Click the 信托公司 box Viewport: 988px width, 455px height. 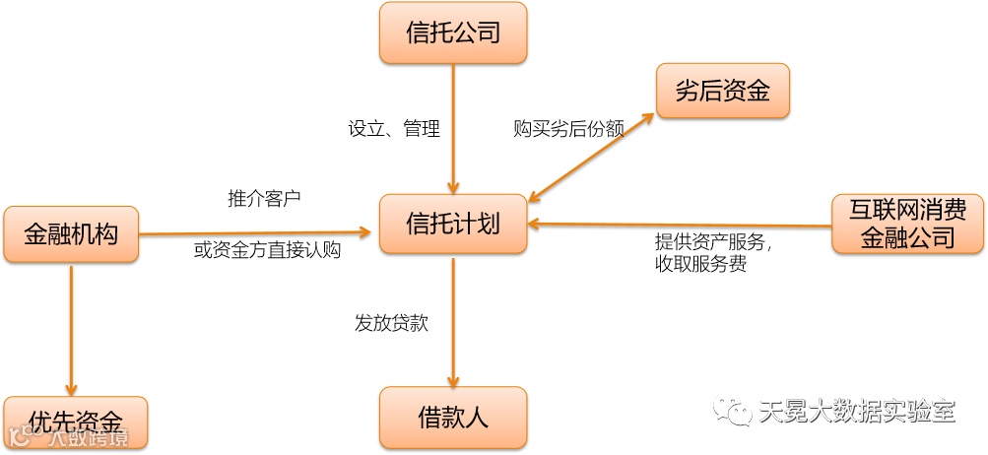coord(453,33)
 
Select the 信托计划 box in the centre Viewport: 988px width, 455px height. coord(453,224)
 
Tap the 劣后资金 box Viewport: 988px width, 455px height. coord(723,93)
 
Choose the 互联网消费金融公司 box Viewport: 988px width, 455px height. coord(907,223)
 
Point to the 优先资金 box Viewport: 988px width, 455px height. coord(76,422)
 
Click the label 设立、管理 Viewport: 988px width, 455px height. coord(394,129)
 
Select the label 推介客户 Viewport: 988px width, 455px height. coord(264,198)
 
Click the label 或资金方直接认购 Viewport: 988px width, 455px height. coord(267,251)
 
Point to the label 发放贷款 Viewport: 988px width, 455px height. coord(391,323)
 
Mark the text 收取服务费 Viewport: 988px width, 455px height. coord(700,265)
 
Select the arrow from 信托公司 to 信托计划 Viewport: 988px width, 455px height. coord(453,128)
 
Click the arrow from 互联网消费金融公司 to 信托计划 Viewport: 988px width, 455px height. coord(680,226)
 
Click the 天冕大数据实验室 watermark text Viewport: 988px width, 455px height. coord(857,412)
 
